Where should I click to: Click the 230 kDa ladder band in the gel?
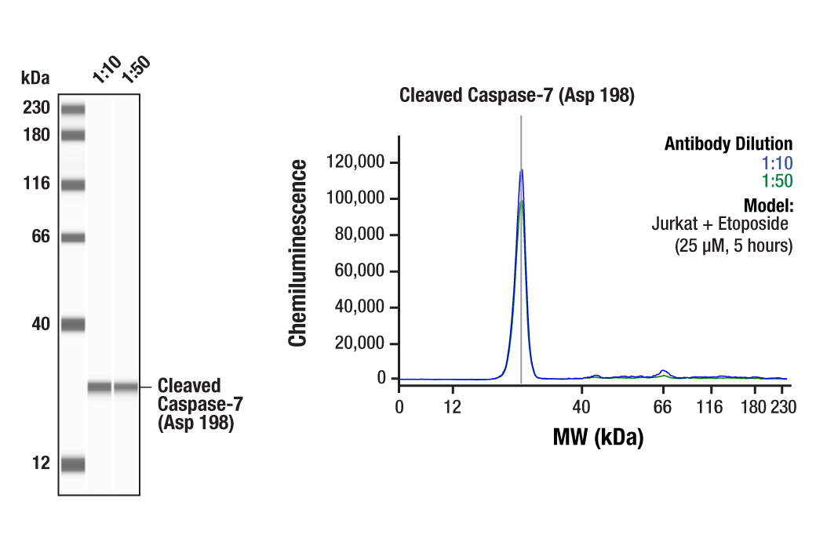[73, 109]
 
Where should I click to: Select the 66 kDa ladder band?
[73, 237]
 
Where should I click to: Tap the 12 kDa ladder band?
[73, 464]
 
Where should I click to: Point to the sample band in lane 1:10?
[100, 387]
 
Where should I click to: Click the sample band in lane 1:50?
[126, 387]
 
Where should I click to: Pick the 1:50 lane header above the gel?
[134, 68]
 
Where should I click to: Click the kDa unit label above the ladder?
[35, 78]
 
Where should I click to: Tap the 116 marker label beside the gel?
[36, 184]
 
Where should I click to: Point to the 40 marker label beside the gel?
[41, 324]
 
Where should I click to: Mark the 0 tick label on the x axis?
[399, 407]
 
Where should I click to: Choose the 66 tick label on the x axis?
[664, 407]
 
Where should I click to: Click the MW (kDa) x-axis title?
[598, 437]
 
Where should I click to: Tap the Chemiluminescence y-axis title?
[298, 253]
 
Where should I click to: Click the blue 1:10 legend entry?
[777, 163]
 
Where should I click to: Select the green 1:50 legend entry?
[777, 181]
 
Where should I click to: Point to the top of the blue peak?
[521, 169]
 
